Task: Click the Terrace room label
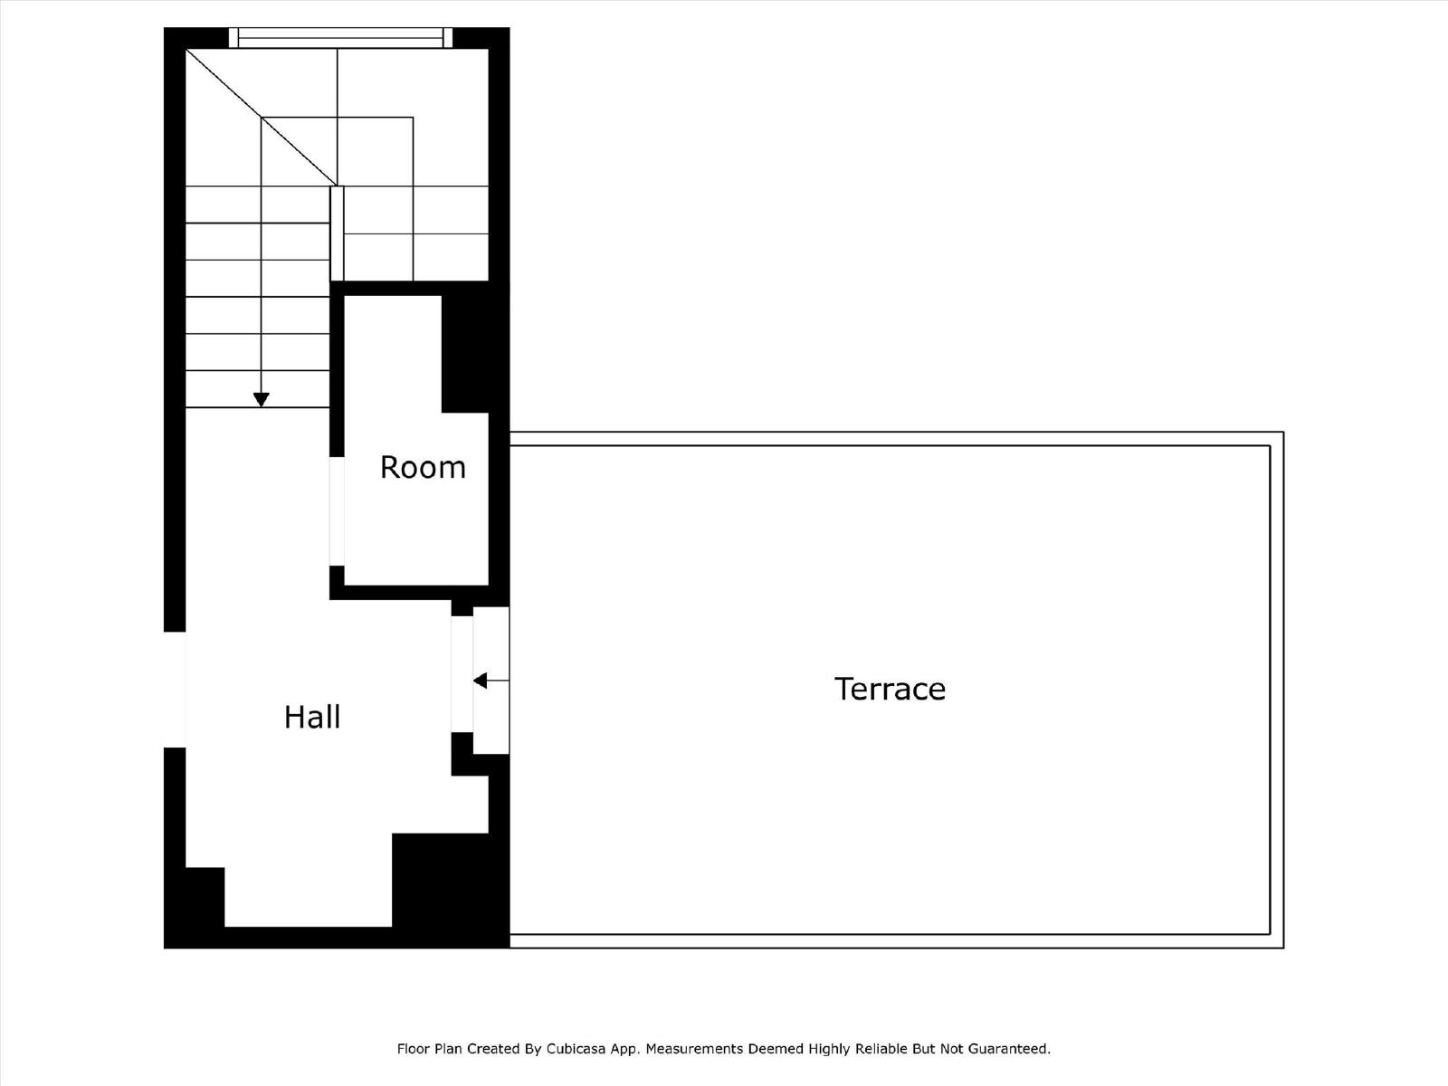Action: (x=890, y=689)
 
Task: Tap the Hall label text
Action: (x=312, y=717)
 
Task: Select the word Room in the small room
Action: (x=423, y=468)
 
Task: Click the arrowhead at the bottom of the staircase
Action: (x=262, y=400)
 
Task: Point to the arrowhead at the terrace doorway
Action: (x=481, y=680)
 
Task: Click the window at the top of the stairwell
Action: (x=340, y=38)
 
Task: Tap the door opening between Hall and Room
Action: (x=337, y=511)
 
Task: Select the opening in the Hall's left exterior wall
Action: (x=175, y=690)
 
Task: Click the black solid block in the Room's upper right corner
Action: (x=465, y=354)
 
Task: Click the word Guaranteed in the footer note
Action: (x=1011, y=1048)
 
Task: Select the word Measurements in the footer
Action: (x=691, y=1048)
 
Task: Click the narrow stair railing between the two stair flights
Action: (x=337, y=233)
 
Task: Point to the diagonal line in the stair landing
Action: (x=262, y=117)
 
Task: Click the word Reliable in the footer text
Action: (x=881, y=1048)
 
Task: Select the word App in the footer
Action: (x=624, y=1049)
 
